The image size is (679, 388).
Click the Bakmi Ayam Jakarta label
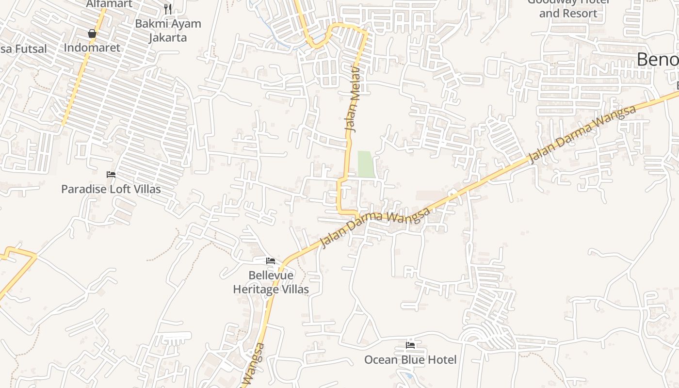point(168,30)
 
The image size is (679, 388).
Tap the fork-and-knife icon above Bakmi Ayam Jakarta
point(168,9)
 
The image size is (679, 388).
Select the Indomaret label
point(92,48)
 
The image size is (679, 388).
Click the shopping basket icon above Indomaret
point(92,33)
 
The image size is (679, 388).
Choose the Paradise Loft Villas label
point(111,189)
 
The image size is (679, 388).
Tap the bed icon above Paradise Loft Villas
point(111,175)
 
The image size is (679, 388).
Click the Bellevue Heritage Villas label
point(271,282)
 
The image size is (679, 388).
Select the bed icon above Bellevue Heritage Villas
point(271,261)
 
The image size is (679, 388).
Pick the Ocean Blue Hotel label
point(410,359)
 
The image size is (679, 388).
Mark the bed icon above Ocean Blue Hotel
point(410,345)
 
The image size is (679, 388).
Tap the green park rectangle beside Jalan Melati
point(366,164)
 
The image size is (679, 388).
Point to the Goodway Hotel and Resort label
point(568,8)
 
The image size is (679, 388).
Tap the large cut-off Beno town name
point(657,60)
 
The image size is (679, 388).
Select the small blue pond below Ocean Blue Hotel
point(410,375)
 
